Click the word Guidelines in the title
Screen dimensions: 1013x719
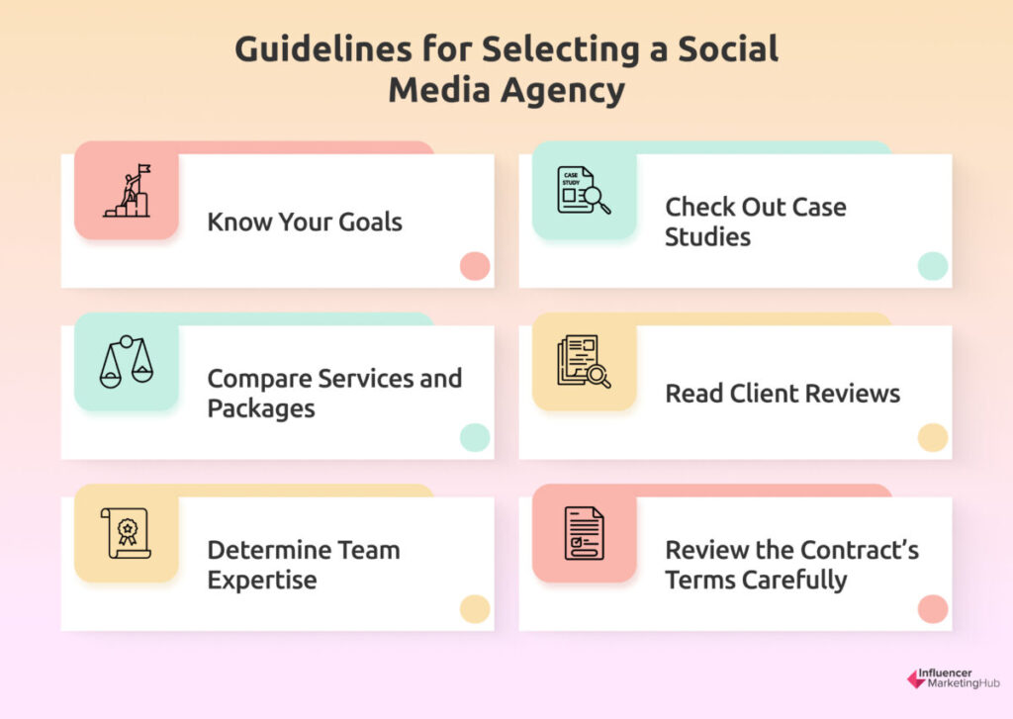pyautogui.click(x=322, y=49)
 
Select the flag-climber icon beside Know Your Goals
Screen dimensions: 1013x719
pyautogui.click(x=128, y=191)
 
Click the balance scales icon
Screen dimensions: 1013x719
pyautogui.click(x=127, y=362)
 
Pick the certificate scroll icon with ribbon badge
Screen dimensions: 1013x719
pyautogui.click(x=126, y=533)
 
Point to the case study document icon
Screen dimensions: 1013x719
pyautogui.click(x=584, y=190)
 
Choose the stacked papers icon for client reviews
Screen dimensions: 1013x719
pyautogui.click(x=584, y=362)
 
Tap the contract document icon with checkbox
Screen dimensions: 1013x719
pyautogui.click(x=584, y=533)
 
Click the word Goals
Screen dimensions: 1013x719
pyautogui.click(x=370, y=222)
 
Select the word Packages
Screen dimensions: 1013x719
pyautogui.click(x=261, y=408)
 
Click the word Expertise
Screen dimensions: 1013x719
pyautogui.click(x=262, y=581)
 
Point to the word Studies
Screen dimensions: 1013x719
pyautogui.click(x=707, y=237)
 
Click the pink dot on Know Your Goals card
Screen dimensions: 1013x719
pyautogui.click(x=475, y=266)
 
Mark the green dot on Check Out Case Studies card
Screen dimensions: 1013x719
pyautogui.click(x=933, y=266)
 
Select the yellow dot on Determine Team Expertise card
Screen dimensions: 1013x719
pyautogui.click(x=475, y=609)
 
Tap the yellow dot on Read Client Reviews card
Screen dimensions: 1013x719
pyautogui.click(x=933, y=437)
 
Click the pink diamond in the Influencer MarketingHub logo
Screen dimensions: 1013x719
pyautogui.click(x=916, y=679)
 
